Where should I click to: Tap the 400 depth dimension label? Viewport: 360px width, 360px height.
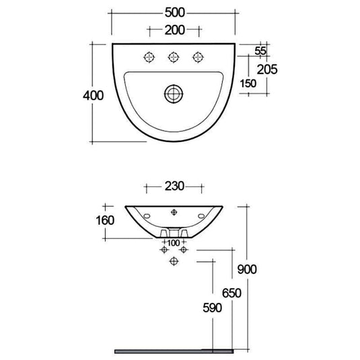95,95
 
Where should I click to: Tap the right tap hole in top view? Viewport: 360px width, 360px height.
199,56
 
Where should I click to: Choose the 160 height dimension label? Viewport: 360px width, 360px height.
106,220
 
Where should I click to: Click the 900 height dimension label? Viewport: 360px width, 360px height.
248,269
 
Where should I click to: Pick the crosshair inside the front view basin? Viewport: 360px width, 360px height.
174,212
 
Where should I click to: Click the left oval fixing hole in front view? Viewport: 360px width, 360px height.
146,216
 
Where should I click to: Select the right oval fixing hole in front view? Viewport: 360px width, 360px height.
203,216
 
